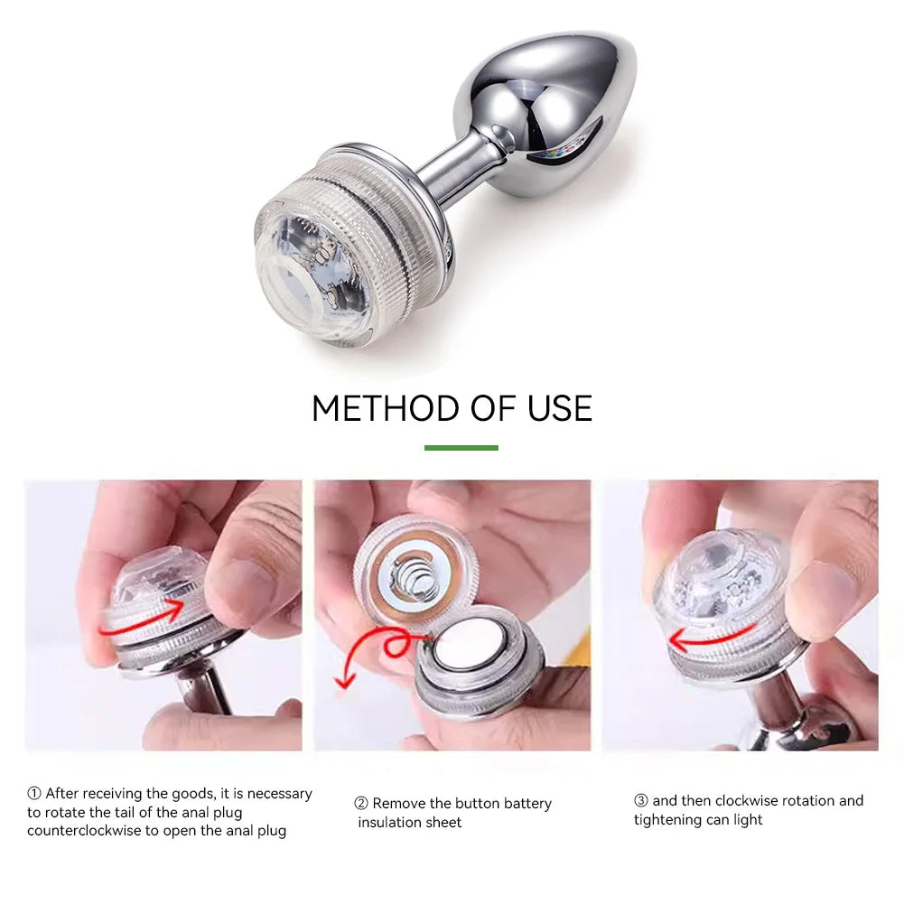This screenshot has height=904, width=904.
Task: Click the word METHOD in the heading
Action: pyautogui.click(x=385, y=408)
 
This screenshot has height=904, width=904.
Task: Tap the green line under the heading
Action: pyautogui.click(x=461, y=447)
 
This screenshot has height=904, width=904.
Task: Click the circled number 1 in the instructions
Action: pyautogui.click(x=34, y=793)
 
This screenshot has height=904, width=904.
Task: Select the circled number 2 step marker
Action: pyautogui.click(x=361, y=803)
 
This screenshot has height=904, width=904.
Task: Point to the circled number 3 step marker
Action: pyautogui.click(x=641, y=800)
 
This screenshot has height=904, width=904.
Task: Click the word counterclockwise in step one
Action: pyautogui.click(x=84, y=831)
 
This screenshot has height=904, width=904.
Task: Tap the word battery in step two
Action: pyautogui.click(x=527, y=804)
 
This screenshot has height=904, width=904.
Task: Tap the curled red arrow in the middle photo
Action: pyautogui.click(x=384, y=648)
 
